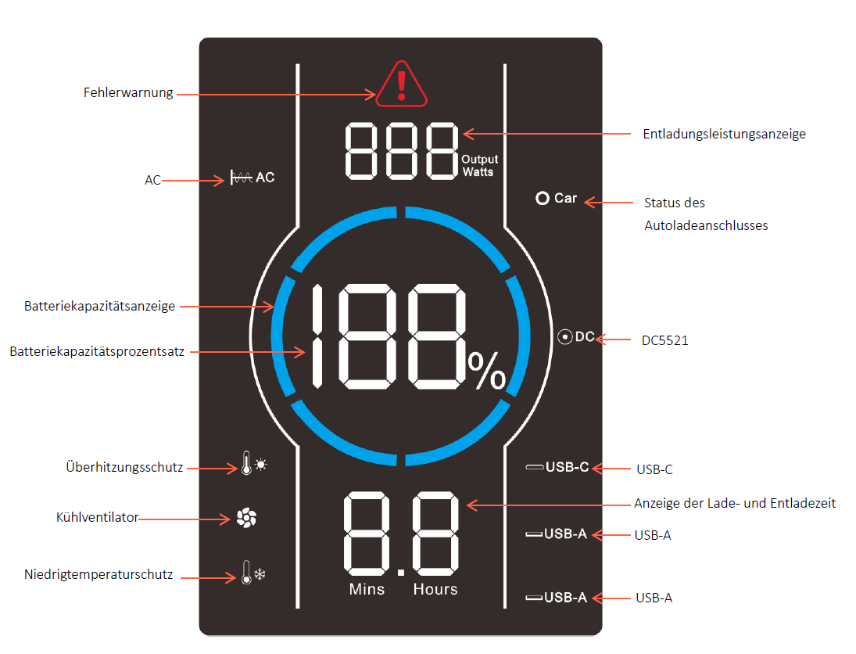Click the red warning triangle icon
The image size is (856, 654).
point(401,84)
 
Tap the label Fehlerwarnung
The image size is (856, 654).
point(128,93)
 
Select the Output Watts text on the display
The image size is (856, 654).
point(479,166)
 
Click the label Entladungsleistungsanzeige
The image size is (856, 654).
point(724,135)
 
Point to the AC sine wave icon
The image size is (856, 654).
point(241,178)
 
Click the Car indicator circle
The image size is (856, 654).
point(542,199)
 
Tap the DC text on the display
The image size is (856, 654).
point(585,336)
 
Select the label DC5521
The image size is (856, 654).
point(664,340)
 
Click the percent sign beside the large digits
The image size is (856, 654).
point(487,371)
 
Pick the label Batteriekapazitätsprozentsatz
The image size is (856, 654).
point(97,352)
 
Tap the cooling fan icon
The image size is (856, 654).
point(246,518)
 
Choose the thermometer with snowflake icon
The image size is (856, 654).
point(253,572)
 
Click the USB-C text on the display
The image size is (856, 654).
point(568,467)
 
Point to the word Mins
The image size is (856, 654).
point(367,590)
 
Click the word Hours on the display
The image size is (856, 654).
point(435,590)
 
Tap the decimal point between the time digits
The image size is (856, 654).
point(401,572)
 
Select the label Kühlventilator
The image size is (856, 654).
point(97,517)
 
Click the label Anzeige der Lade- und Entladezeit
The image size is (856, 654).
point(735,503)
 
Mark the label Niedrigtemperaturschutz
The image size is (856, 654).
point(98,575)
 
